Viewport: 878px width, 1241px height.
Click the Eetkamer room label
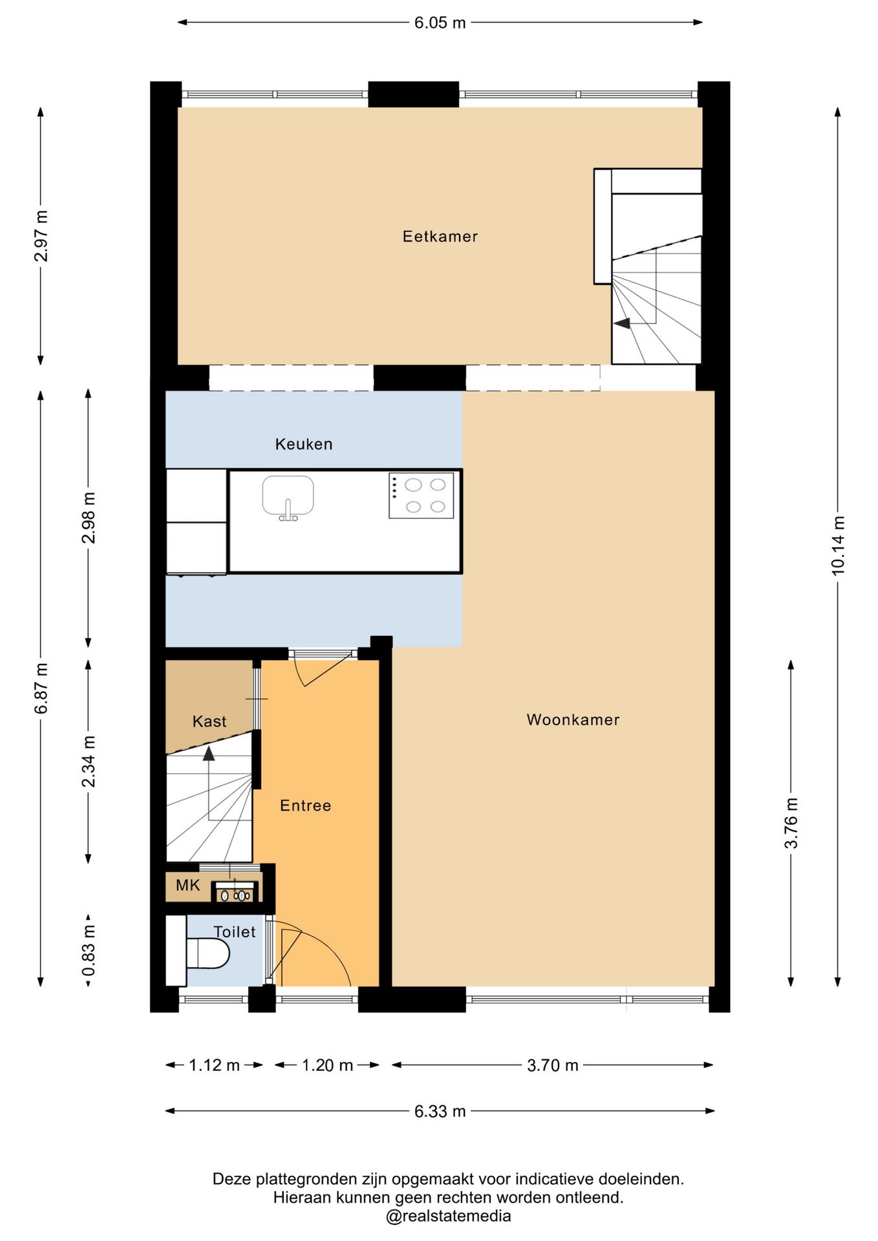coord(440,237)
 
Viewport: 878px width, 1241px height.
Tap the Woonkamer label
coord(573,719)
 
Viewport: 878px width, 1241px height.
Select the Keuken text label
coord(304,444)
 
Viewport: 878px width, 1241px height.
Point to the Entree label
coord(305,805)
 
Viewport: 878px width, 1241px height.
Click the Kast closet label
coord(209,721)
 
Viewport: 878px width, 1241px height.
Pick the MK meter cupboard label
coord(188,885)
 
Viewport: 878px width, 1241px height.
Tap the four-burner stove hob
coord(421,496)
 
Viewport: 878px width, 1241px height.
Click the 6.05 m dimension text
coord(440,23)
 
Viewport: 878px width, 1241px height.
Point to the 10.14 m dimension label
coord(838,546)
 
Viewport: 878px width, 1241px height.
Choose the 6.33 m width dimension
coord(440,1111)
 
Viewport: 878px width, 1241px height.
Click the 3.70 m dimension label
coord(552,1065)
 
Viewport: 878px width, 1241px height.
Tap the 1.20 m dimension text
coord(327,1065)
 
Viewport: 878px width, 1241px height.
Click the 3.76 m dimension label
coord(791,823)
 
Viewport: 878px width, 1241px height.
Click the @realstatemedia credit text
coord(448,1216)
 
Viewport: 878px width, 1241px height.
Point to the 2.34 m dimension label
coord(89,761)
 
